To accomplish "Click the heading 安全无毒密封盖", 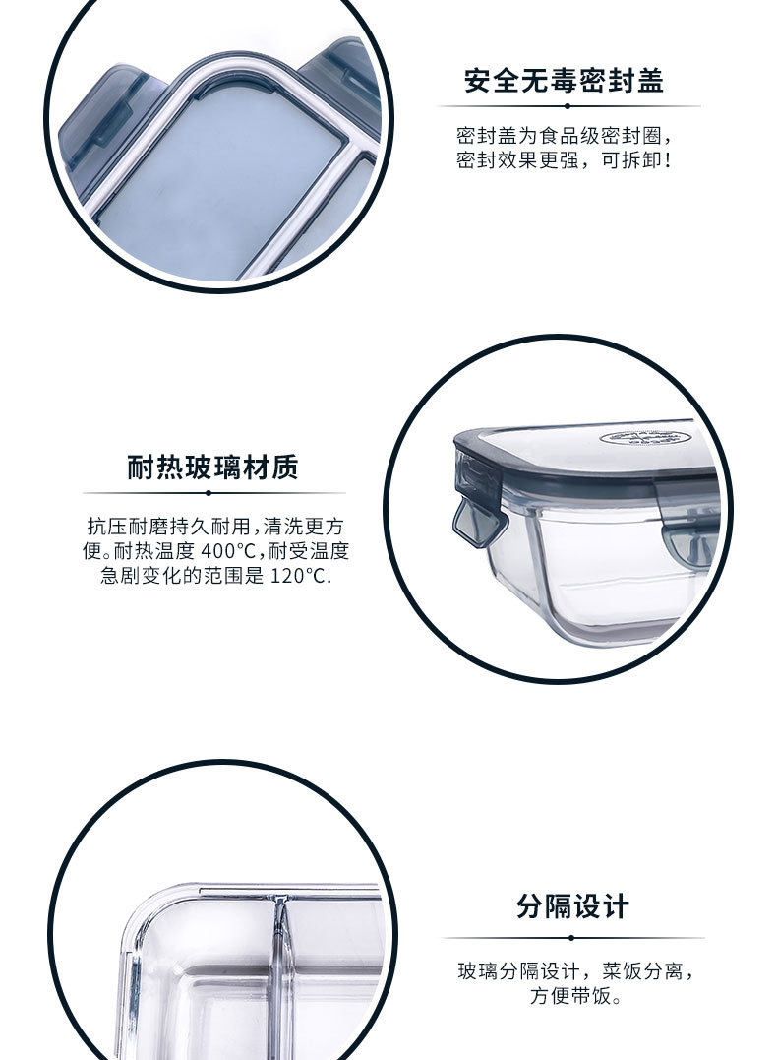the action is (565, 81).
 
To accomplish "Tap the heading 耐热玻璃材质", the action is (212, 468).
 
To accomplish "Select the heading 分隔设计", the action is (572, 905).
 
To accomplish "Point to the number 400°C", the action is (229, 551).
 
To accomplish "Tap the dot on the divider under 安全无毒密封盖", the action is (567, 106).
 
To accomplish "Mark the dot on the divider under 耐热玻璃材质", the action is (209, 493).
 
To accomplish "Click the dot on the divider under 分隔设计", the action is (571, 938).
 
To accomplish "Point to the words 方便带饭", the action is (569, 996).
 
